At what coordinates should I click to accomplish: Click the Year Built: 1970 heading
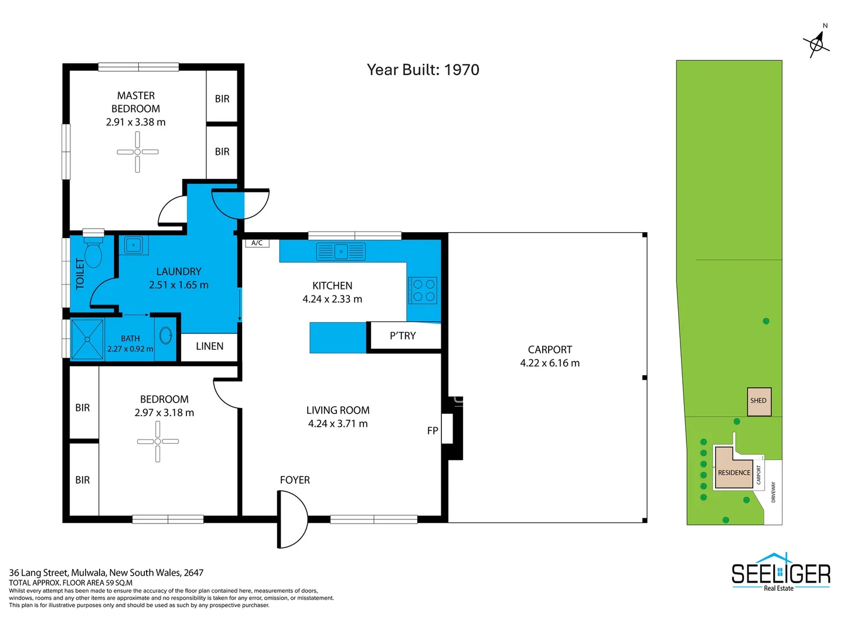(423, 70)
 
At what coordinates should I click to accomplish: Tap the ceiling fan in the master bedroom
(138, 152)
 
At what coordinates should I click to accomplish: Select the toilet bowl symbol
(93, 253)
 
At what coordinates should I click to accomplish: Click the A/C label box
(257, 243)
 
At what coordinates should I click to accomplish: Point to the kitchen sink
(341, 251)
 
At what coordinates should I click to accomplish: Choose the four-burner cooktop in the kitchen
(423, 290)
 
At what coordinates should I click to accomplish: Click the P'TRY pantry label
(403, 336)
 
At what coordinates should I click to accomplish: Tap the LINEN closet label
(209, 346)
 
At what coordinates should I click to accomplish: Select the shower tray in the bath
(87, 339)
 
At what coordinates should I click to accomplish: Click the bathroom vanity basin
(166, 335)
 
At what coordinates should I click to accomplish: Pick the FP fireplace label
(433, 431)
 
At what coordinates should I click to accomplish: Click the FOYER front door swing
(292, 519)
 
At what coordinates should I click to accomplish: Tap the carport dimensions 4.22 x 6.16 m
(550, 363)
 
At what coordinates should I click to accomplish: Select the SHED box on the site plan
(758, 401)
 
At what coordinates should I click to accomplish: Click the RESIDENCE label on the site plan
(734, 472)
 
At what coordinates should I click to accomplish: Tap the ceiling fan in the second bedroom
(158, 441)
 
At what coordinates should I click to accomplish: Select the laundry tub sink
(134, 244)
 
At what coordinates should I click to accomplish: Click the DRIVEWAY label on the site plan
(773, 492)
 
